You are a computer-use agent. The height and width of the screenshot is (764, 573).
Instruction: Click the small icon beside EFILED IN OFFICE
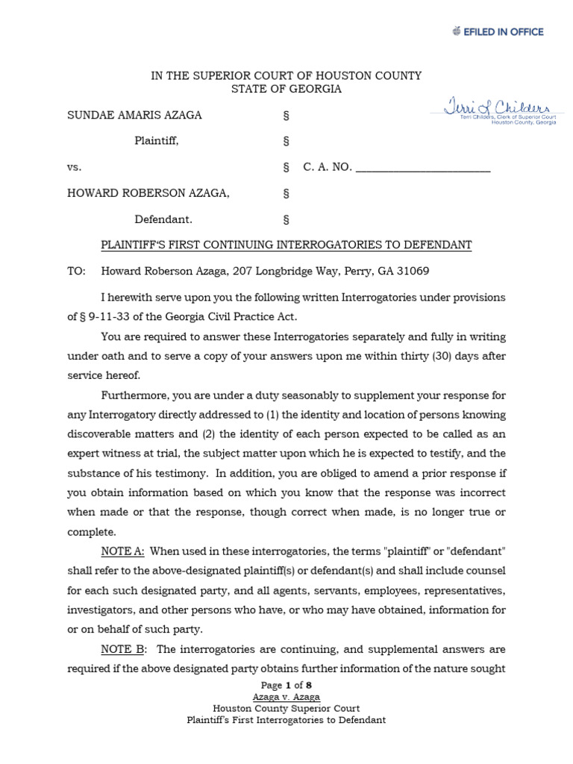tap(457, 31)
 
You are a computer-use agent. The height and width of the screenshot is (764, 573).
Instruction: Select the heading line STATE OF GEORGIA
tap(286, 90)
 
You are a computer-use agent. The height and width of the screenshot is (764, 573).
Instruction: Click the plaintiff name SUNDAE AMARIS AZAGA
tap(134, 116)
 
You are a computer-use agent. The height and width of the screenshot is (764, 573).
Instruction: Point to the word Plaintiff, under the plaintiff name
tap(157, 141)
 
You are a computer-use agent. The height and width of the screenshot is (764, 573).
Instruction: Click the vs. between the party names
tap(75, 167)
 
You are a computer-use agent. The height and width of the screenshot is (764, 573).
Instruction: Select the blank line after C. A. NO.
tap(422, 168)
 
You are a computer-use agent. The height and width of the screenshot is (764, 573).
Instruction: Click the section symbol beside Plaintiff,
tap(286, 141)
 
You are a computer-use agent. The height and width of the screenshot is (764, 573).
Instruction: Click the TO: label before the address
tap(77, 271)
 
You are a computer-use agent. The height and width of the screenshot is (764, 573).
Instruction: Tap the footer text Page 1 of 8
tap(286, 686)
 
